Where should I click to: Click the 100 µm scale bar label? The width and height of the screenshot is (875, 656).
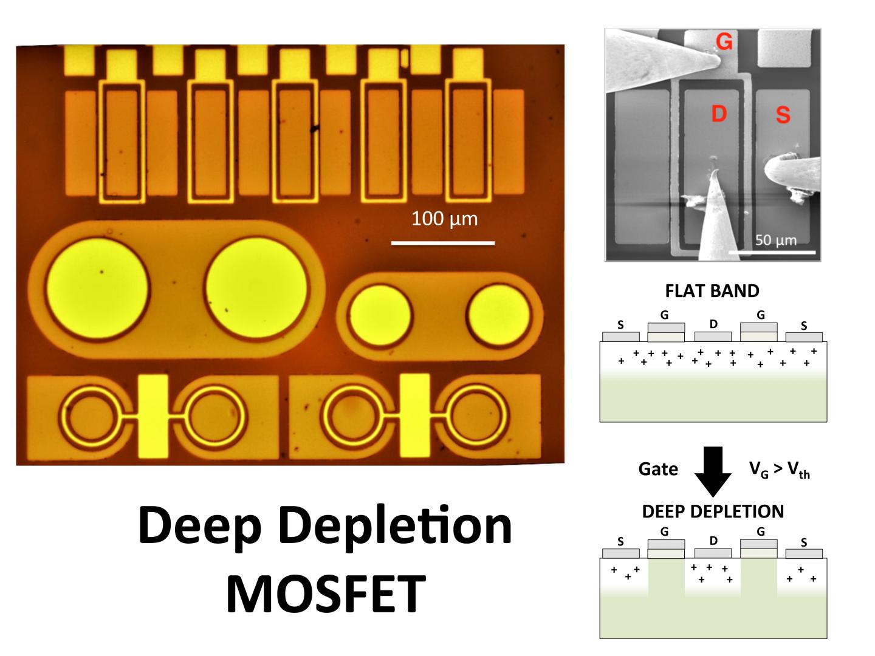click(x=444, y=219)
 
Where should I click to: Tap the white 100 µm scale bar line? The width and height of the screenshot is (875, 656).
click(x=442, y=243)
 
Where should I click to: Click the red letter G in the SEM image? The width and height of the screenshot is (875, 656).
click(x=724, y=42)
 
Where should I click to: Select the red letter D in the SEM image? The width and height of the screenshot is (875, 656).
click(x=719, y=113)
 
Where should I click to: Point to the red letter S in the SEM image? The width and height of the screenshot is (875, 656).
click(x=783, y=114)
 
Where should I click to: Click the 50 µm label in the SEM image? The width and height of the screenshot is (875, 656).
click(x=776, y=241)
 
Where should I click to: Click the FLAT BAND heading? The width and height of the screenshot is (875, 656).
click(x=712, y=291)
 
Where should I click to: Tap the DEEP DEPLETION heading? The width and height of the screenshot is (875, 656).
click(x=713, y=511)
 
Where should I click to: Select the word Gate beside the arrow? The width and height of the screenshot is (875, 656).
click(x=658, y=469)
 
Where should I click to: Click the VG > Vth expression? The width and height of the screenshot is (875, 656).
click(x=779, y=470)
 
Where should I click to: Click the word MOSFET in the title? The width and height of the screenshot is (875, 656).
click(x=325, y=593)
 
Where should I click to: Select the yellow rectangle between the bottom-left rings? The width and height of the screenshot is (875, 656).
click(x=153, y=416)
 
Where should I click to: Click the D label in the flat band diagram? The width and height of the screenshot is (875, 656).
click(x=713, y=324)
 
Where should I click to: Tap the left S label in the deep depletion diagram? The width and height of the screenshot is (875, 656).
click(x=620, y=542)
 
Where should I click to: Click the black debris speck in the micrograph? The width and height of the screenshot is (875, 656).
click(x=314, y=128)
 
